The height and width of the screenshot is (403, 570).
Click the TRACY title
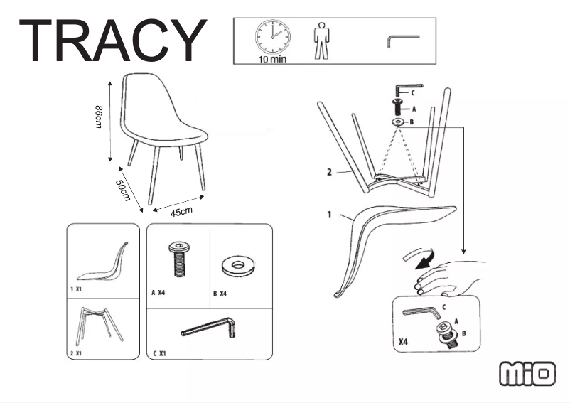[x=113, y=41]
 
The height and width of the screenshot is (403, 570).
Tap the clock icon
[x=273, y=37]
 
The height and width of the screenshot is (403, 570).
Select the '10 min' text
[x=273, y=59]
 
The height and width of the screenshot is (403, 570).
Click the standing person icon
[x=321, y=41]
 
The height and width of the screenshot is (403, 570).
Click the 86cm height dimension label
[x=99, y=117]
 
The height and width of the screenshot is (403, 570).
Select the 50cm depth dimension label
[x=123, y=190]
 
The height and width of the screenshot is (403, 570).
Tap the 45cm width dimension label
[x=182, y=212]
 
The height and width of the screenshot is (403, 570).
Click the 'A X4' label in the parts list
[x=158, y=293]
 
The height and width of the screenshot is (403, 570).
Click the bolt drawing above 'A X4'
[x=179, y=259]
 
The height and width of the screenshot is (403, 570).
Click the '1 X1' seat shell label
[x=76, y=289]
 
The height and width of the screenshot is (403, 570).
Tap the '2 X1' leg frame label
[x=76, y=353]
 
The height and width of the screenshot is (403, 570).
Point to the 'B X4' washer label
[x=220, y=294]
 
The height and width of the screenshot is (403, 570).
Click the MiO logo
[x=527, y=374]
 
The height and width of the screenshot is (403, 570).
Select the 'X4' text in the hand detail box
[x=404, y=342]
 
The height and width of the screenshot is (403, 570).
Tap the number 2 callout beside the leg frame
[x=329, y=172]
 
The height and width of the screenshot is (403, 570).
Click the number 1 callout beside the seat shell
[x=329, y=215]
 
